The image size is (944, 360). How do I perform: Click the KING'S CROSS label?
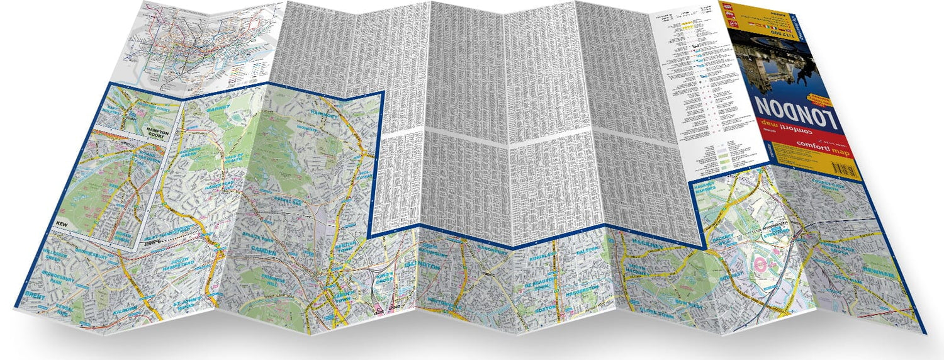click(385, 279)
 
